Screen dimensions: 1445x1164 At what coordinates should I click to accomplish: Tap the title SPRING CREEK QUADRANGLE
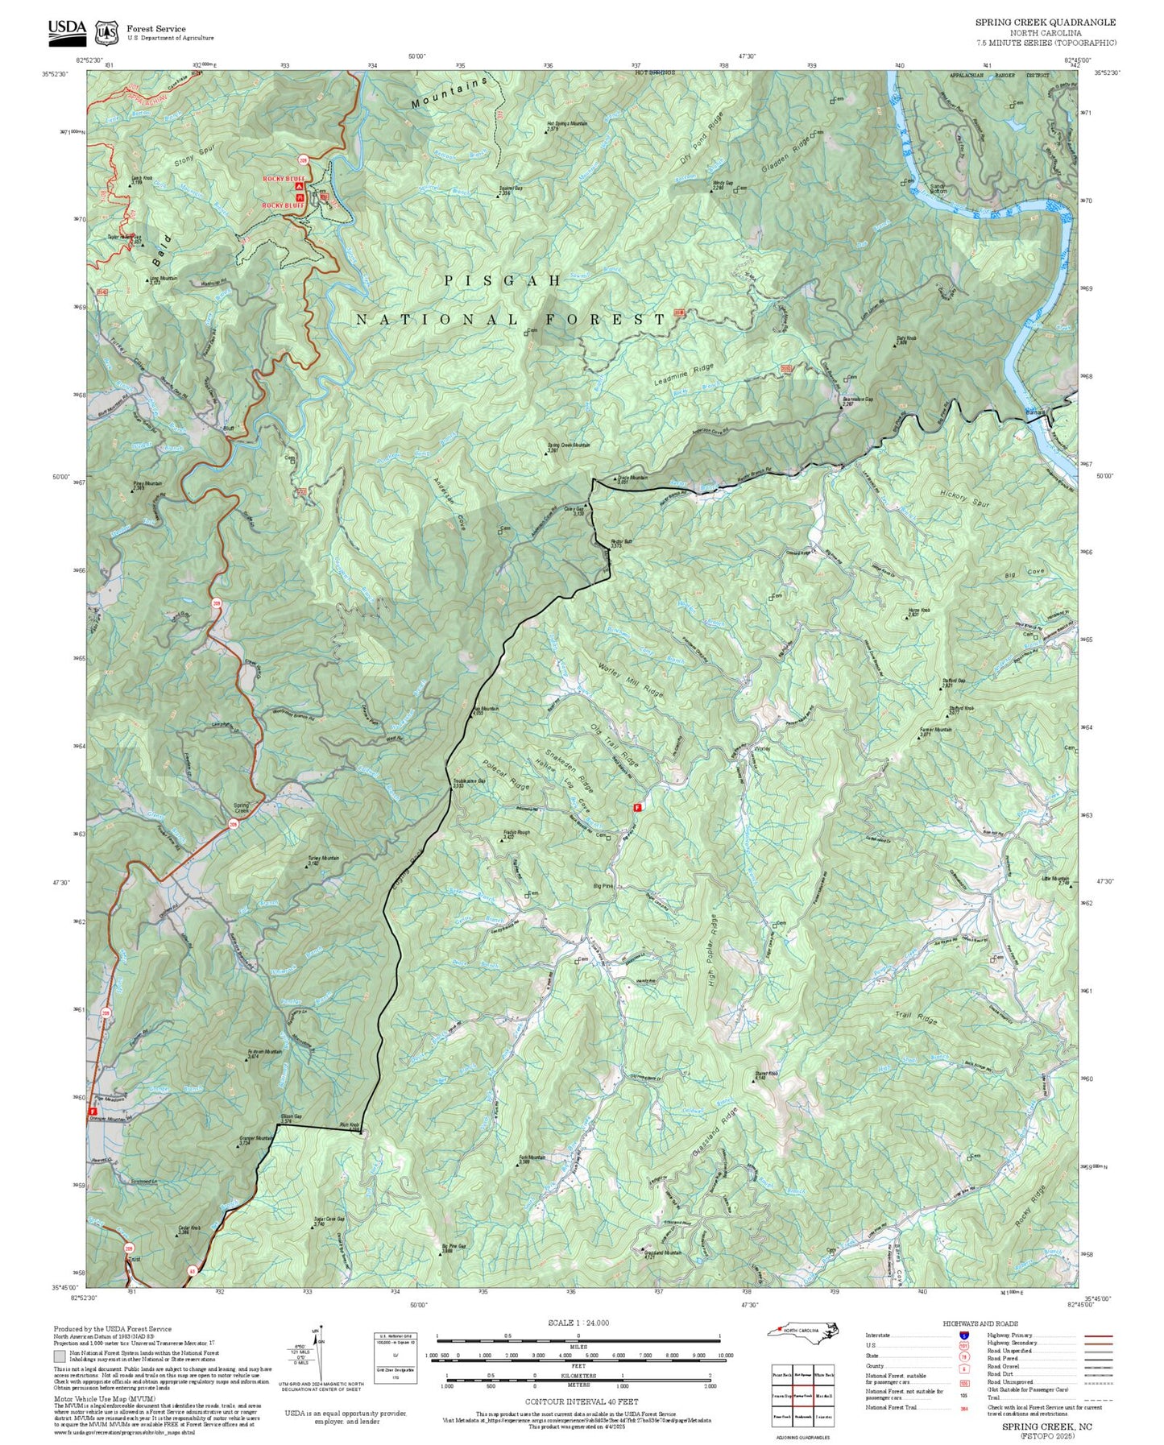[x=1046, y=23]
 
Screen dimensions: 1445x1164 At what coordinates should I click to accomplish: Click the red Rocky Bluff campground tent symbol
[x=299, y=187]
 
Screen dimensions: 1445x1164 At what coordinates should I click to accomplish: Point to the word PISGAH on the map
[x=503, y=280]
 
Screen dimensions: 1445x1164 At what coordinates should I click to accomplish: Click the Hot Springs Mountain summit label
[x=567, y=124]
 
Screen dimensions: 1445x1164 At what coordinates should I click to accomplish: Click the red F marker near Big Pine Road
[x=637, y=806]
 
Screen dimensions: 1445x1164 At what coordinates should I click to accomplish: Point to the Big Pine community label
[x=603, y=886]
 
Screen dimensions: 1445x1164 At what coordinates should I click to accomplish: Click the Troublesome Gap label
[x=470, y=780]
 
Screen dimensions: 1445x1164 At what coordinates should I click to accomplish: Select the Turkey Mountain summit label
[x=323, y=859]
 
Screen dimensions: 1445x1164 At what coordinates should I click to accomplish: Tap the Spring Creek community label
[x=241, y=808]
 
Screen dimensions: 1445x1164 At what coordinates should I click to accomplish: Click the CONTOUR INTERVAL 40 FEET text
[x=577, y=1402]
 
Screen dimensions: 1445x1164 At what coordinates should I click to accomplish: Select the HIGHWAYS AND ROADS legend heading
[x=980, y=1323]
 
